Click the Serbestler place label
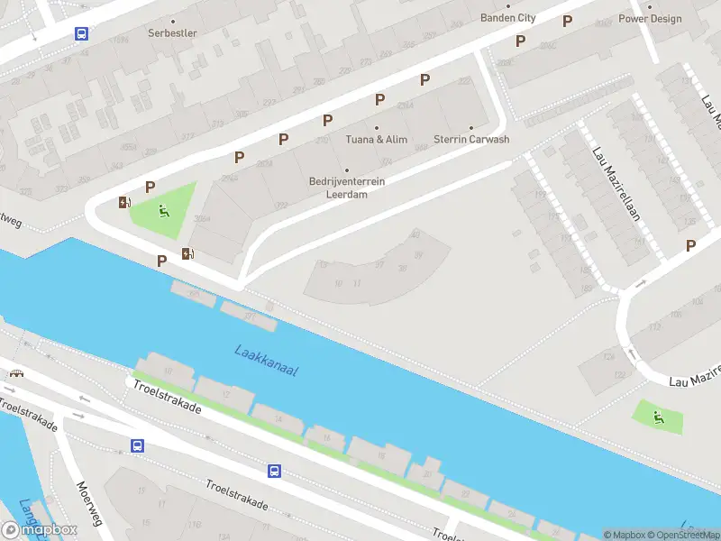pyautogui.click(x=172, y=33)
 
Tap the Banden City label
pyautogui.click(x=508, y=18)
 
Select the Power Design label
pyautogui.click(x=650, y=18)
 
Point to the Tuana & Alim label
pyautogui.click(x=377, y=140)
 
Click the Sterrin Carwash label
pyautogui.click(x=471, y=140)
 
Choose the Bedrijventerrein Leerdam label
pyautogui.click(x=347, y=187)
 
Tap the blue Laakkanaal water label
pyautogui.click(x=266, y=360)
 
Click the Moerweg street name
pyautogui.click(x=88, y=505)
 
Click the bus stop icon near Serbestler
pyautogui.click(x=81, y=33)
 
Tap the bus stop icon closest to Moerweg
pyautogui.click(x=137, y=445)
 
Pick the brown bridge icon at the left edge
pyautogui.click(x=15, y=372)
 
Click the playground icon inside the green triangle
pyautogui.click(x=164, y=212)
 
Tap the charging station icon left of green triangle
pyautogui.click(x=123, y=202)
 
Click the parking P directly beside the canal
pyautogui.click(x=161, y=261)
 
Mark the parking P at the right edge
pyautogui.click(x=690, y=245)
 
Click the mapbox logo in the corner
pyautogui.click(x=41, y=529)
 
